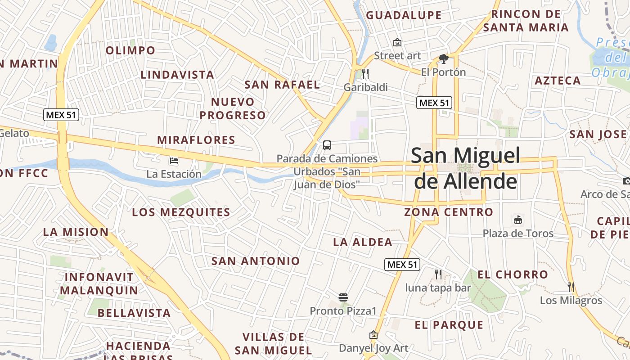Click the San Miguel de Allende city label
[465, 168]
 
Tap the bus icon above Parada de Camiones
[327, 145]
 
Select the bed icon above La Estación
[174, 161]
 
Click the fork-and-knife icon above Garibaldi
[365, 73]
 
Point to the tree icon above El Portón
[444, 58]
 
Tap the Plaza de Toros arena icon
[518, 220]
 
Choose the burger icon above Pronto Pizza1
[343, 297]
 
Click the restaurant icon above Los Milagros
[571, 287]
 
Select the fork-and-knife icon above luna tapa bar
[438, 274]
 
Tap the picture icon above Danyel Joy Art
[373, 335]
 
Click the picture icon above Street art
[397, 43]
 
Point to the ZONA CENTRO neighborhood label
[449, 212]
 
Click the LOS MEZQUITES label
[181, 212]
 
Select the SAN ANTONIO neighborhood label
[256, 261]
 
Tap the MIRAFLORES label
[196, 140]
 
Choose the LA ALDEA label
[363, 242]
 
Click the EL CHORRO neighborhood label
[513, 274]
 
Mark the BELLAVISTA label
[134, 313]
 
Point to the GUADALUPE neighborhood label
[404, 15]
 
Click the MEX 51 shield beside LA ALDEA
[402, 265]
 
